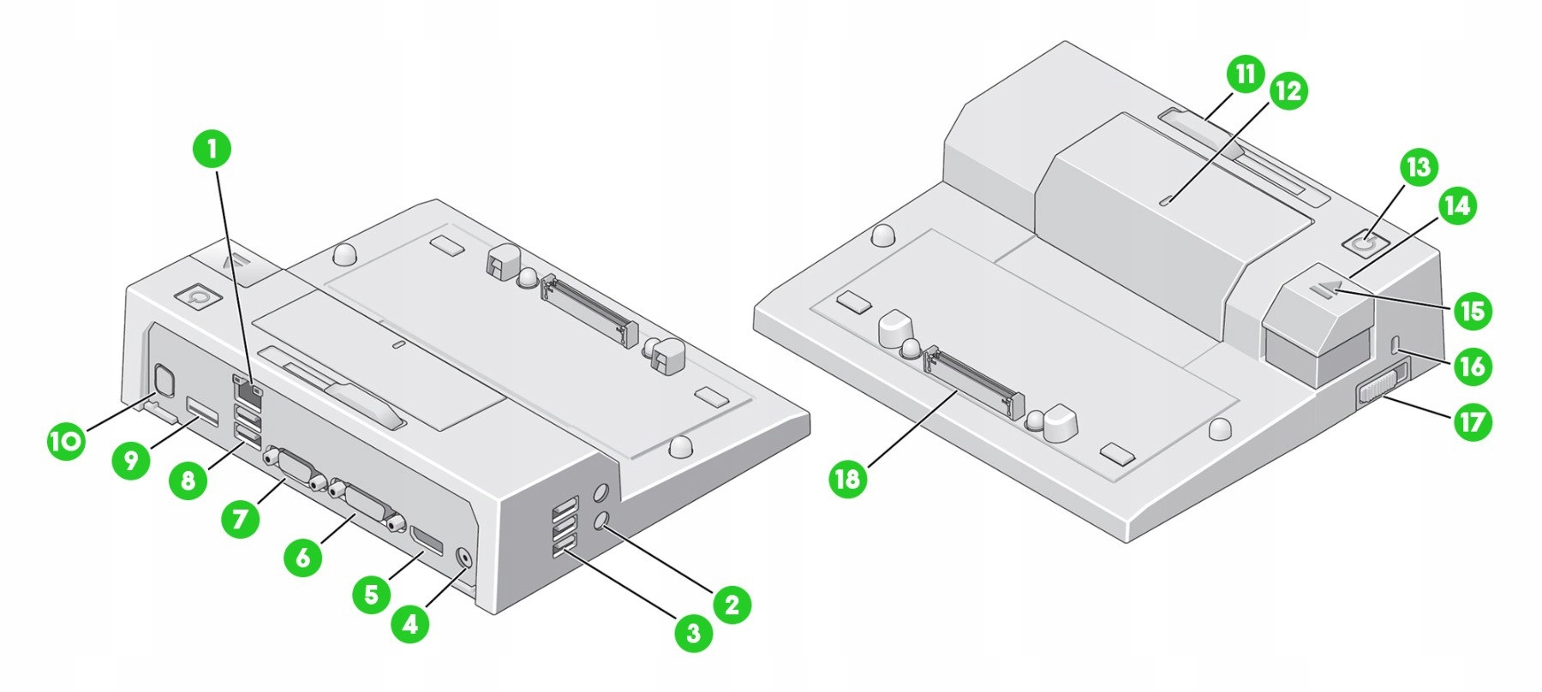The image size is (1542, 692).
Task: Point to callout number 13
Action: (x=1419, y=167)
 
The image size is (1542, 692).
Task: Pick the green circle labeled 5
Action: (x=370, y=593)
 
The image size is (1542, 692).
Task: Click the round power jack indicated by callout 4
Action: (x=464, y=557)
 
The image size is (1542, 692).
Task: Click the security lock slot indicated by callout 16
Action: (x=1396, y=344)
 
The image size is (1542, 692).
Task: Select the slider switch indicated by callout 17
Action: (x=1381, y=382)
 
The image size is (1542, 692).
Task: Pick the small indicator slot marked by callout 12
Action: (x=1166, y=201)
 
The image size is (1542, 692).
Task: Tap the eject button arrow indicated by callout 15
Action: (x=1324, y=293)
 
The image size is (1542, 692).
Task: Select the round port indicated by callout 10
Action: (x=162, y=378)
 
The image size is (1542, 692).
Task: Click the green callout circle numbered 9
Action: (x=130, y=462)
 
